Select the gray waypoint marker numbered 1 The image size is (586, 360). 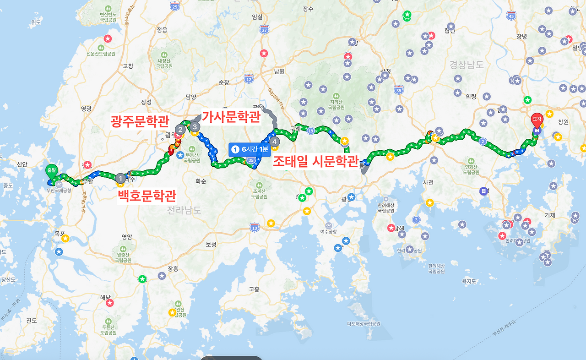click(x=120, y=178)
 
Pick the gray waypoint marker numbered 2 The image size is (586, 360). click(x=180, y=129)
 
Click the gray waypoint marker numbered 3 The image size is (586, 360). click(x=195, y=126)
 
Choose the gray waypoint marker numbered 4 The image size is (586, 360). click(x=274, y=141)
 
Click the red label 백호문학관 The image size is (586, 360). click(x=147, y=196)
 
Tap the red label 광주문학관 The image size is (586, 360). click(x=140, y=121)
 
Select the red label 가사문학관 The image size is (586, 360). click(x=231, y=117)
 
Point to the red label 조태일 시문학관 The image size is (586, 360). click(x=315, y=161)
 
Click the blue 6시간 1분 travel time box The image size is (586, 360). click(x=250, y=149)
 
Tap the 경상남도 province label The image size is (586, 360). click(x=466, y=65)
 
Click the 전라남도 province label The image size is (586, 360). click(x=184, y=210)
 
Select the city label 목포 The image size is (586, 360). click(x=60, y=233)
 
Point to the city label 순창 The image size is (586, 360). click(x=224, y=82)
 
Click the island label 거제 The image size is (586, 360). click(x=550, y=215)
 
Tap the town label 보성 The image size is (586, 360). click(x=211, y=244)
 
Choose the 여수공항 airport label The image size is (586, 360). click(x=328, y=232)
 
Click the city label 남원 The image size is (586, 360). click(x=279, y=71)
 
